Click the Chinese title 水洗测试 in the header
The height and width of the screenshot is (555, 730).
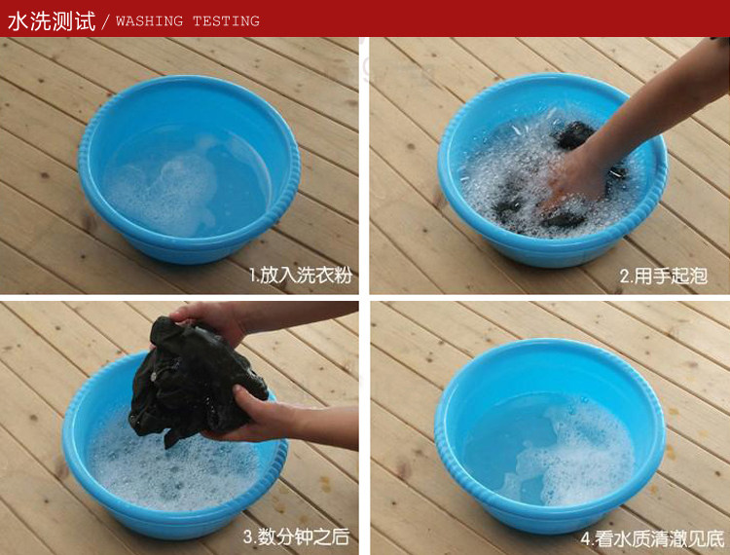pyautogui.click(x=52, y=21)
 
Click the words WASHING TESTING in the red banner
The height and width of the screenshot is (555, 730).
pyautogui.click(x=188, y=21)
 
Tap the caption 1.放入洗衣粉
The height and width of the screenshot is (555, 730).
pyautogui.click(x=301, y=276)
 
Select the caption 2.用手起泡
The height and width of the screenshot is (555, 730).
pyautogui.click(x=664, y=276)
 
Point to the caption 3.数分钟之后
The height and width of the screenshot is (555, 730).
pyautogui.click(x=296, y=536)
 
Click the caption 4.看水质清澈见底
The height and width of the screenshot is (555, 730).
pyautogui.click(x=652, y=538)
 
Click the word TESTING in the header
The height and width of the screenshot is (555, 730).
pyautogui.click(x=226, y=21)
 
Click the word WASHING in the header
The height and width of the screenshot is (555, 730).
pyautogui.click(x=150, y=21)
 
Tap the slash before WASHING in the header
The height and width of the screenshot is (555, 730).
pyautogui.click(x=105, y=21)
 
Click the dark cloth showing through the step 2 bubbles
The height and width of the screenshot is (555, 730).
pyautogui.click(x=573, y=135)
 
